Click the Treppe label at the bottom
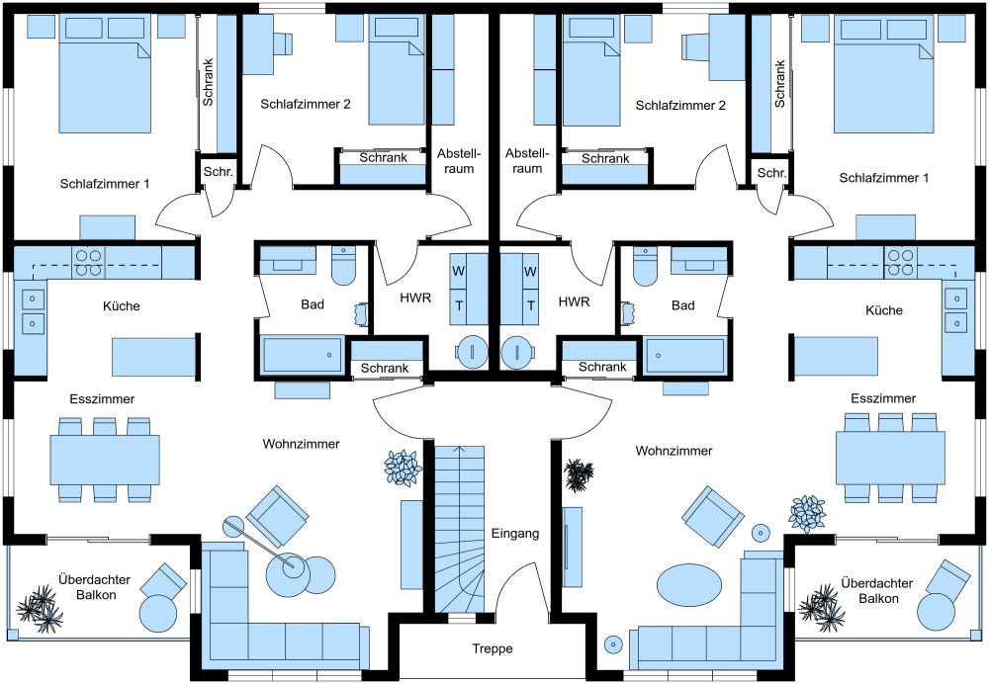(492, 649)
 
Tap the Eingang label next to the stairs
(515, 534)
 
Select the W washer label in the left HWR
(459, 271)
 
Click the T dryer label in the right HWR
(530, 305)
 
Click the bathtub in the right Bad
(683, 355)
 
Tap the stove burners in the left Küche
(87, 263)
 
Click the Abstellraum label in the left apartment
(459, 161)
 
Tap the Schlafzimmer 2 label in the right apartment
(680, 105)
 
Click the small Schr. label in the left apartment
(218, 172)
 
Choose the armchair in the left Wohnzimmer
(279, 513)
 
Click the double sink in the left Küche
(33, 310)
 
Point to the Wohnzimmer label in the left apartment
(301, 444)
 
